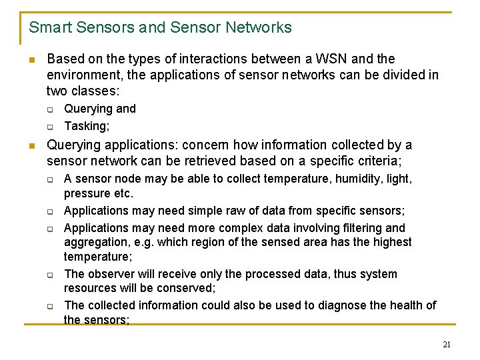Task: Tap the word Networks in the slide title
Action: [259, 27]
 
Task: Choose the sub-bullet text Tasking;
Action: [87, 126]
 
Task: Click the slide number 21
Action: [447, 344]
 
